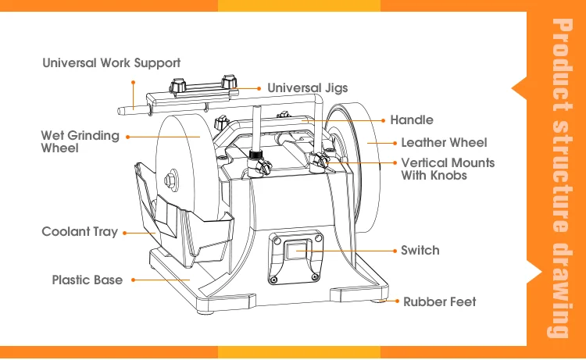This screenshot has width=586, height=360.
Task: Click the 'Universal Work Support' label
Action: [111, 63]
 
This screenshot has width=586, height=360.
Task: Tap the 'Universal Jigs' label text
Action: [307, 88]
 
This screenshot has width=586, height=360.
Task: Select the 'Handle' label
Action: [412, 120]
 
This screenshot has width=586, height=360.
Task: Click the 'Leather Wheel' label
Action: [443, 143]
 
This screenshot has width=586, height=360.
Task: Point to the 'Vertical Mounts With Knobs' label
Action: [447, 169]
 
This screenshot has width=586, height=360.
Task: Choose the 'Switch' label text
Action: [420, 251]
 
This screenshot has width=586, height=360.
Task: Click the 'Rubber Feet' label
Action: [439, 301]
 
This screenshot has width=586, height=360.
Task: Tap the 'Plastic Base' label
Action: [87, 280]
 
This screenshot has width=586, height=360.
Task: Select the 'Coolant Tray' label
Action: [80, 232]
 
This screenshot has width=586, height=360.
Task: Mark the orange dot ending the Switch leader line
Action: [394, 251]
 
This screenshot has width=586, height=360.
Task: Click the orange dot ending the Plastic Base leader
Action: [133, 280]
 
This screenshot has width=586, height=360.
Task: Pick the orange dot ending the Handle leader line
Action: [384, 120]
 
